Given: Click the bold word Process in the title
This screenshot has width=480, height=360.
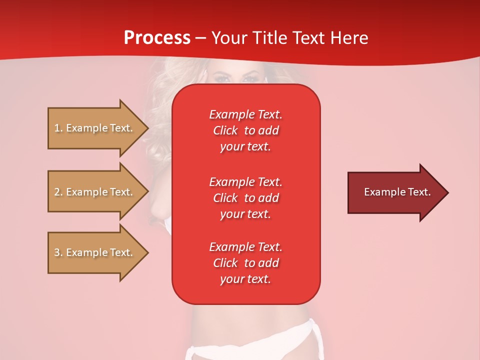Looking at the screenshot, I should tap(157, 38).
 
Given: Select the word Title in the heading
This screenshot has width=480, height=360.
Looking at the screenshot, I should tap(270, 38).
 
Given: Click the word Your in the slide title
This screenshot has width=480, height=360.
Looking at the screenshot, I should tap(230, 38).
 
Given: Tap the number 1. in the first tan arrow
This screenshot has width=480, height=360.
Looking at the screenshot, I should tap(58, 128).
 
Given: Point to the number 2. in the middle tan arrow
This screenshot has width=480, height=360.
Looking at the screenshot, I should tap(58, 192).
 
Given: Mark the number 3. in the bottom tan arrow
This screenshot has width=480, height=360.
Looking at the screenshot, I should tap(58, 252).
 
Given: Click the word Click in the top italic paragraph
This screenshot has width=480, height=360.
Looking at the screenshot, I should tap(225, 131).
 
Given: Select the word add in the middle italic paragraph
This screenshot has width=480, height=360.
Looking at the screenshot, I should tap(269, 198).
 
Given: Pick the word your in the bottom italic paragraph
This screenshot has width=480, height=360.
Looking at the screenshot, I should tap(230, 279).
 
